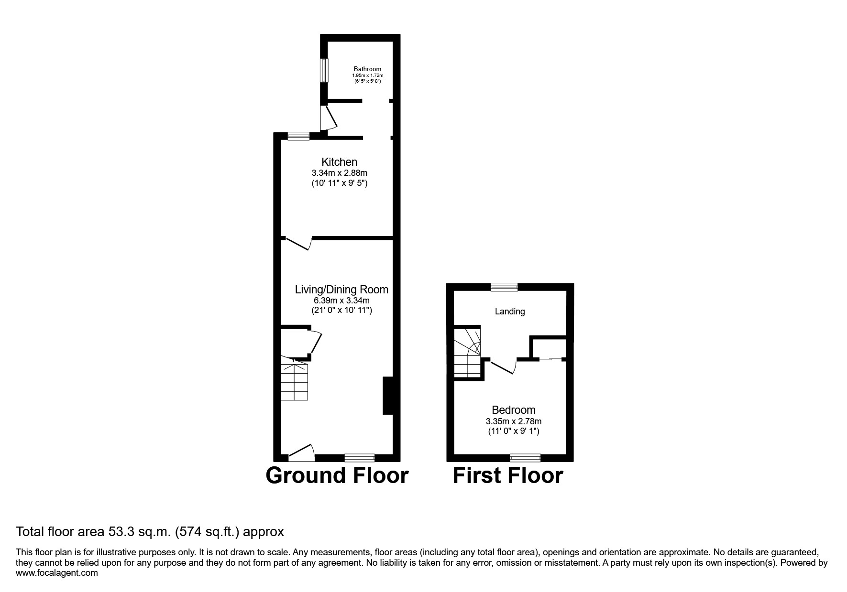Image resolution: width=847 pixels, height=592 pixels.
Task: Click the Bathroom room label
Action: [367, 69]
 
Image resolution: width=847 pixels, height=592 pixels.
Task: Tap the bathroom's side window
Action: [324, 70]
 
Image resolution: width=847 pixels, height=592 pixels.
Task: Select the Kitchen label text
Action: [339, 162]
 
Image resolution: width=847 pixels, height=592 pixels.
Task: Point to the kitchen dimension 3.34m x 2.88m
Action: [339, 173]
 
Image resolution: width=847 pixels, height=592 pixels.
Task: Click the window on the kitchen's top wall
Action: [298, 136]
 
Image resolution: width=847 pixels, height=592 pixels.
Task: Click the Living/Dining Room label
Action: [341, 289]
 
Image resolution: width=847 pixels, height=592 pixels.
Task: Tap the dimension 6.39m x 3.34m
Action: [341, 301]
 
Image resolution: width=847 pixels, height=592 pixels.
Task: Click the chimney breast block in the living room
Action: [387, 396]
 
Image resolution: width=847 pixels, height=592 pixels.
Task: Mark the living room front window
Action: [360, 458]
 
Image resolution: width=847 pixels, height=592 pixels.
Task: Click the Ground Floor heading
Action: [337, 475]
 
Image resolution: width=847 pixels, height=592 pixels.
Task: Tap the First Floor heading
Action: [507, 475]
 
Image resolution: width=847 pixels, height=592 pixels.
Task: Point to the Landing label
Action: [509, 312]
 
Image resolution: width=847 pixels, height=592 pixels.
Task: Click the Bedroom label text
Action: [513, 410]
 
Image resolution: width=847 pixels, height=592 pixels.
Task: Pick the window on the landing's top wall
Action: [504, 287]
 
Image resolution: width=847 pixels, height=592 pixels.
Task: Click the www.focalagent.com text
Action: [57, 573]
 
